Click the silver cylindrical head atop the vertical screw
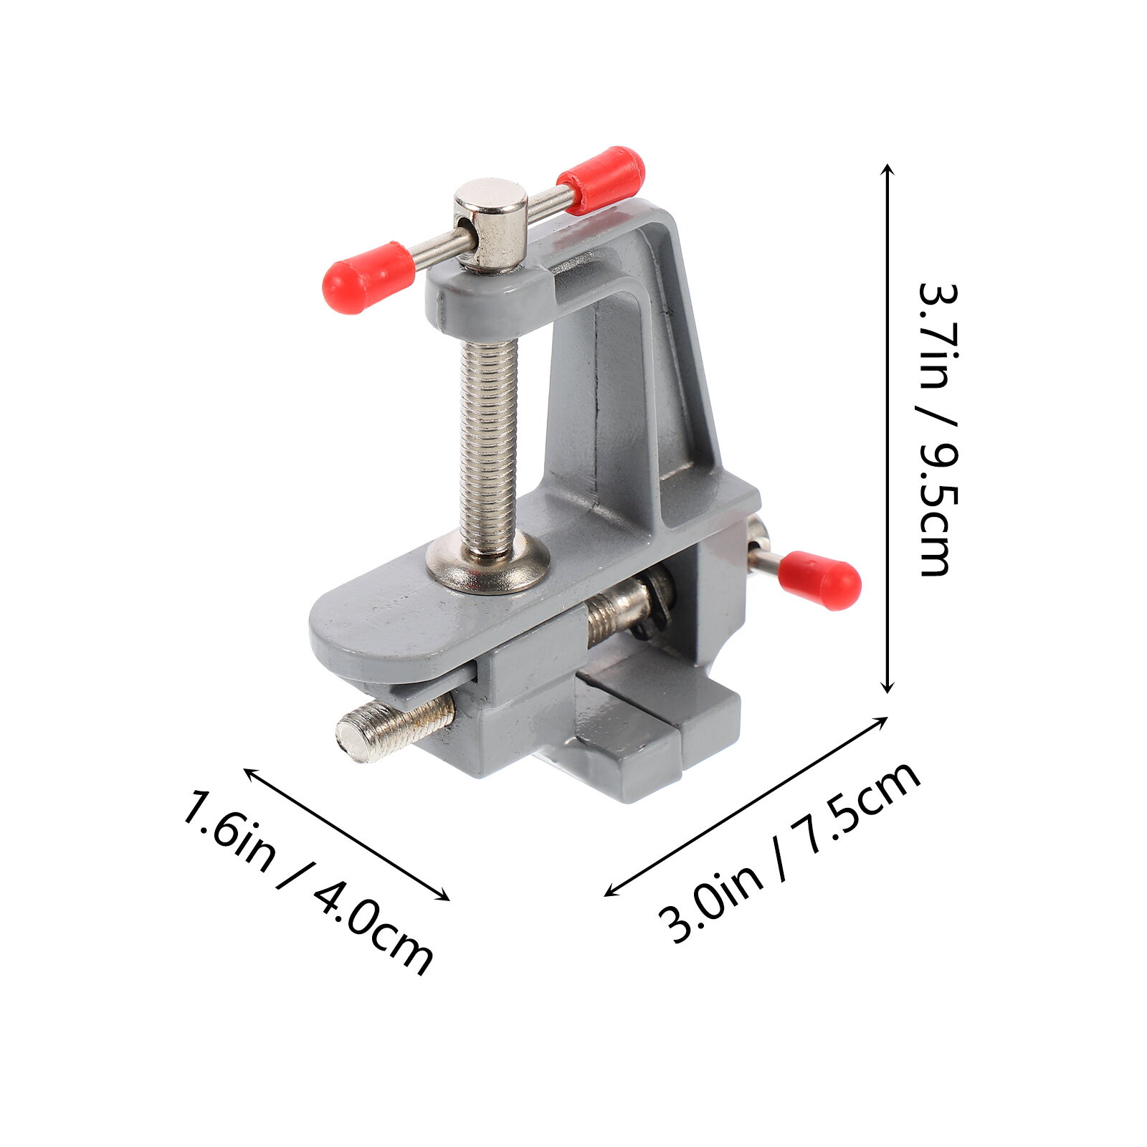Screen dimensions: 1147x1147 (x=491, y=224)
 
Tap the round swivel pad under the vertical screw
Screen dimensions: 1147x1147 (x=488, y=563)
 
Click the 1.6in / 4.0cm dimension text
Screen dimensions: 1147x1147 (x=308, y=882)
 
